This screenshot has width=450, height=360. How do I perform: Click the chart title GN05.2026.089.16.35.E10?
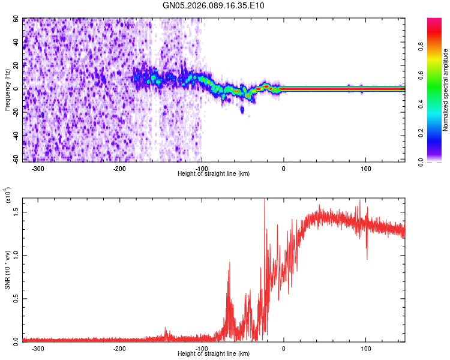coord(214,5)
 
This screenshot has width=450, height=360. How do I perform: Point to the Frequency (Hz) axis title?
coord(7,90)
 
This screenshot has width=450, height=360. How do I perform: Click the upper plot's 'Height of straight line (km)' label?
coord(214,174)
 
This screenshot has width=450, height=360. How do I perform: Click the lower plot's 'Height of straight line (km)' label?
coord(214,353)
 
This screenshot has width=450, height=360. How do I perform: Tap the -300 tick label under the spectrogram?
coord(37,167)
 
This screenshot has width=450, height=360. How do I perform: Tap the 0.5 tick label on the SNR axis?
coord(16,298)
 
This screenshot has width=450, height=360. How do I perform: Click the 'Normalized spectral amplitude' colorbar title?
coord(445,90)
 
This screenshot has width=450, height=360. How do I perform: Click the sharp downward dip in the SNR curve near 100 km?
coord(367,257)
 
